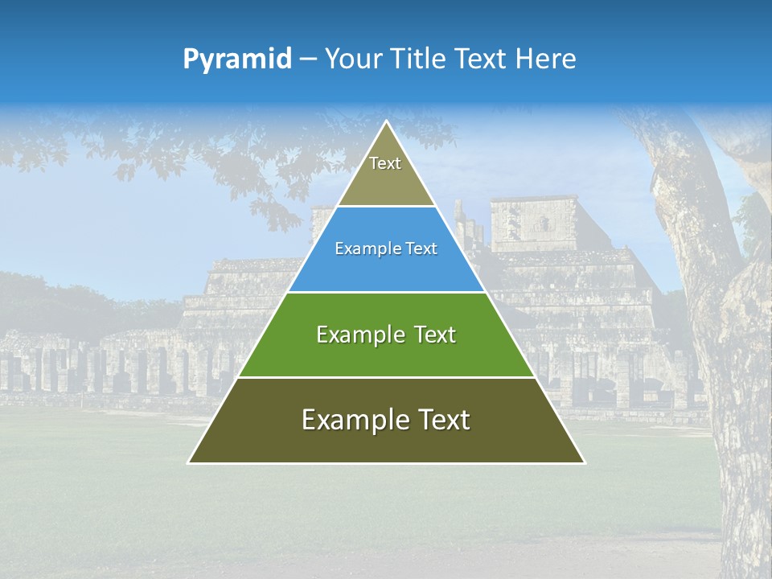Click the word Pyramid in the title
(x=237, y=60)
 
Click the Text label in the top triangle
(x=385, y=164)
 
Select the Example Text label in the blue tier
(x=386, y=249)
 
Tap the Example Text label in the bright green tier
(x=386, y=335)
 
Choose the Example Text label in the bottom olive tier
(x=386, y=420)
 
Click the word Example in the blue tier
(x=360, y=249)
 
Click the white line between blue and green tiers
(x=386, y=292)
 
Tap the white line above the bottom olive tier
(x=386, y=377)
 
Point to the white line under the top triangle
(x=386, y=207)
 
